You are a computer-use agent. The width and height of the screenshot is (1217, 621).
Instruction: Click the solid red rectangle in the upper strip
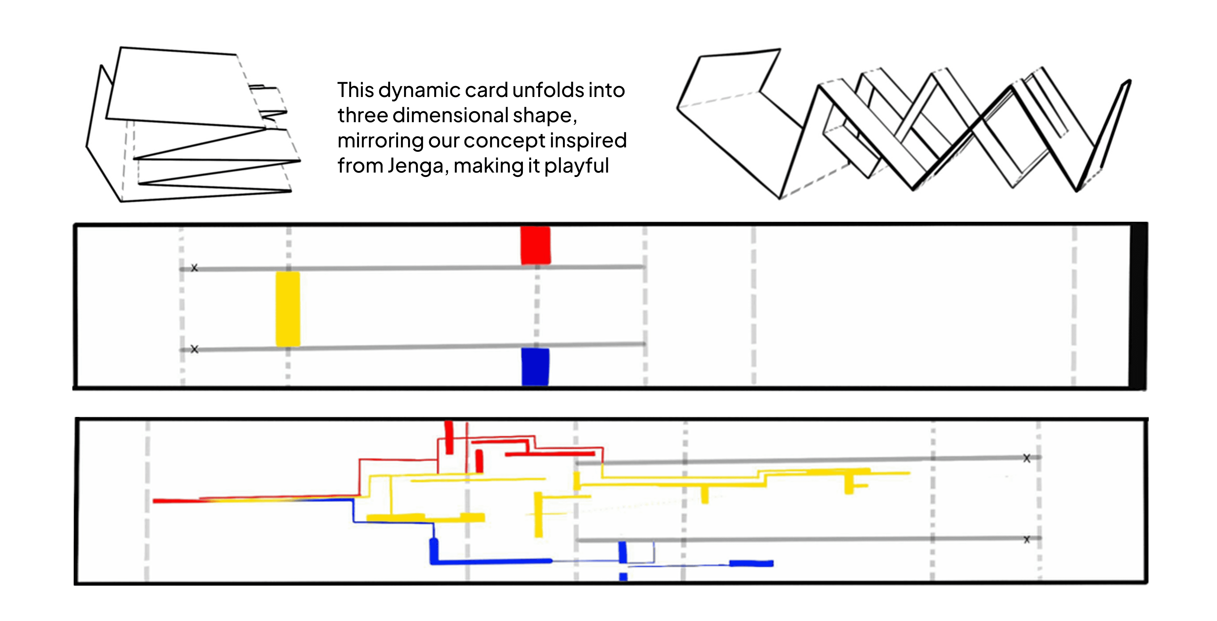pos(535,245)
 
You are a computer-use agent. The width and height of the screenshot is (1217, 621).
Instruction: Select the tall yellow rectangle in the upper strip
pos(288,308)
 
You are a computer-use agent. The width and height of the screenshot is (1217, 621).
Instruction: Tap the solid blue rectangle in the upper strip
pos(535,367)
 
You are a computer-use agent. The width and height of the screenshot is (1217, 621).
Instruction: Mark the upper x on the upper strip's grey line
pos(194,268)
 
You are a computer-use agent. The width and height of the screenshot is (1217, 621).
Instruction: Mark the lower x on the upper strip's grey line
pos(194,349)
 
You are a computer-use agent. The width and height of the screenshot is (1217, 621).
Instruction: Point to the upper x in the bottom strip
pos(1027,458)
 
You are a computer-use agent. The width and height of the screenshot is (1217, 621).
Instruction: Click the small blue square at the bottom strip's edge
pos(623,577)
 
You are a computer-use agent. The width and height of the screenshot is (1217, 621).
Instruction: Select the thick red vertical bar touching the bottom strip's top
pos(449,437)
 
